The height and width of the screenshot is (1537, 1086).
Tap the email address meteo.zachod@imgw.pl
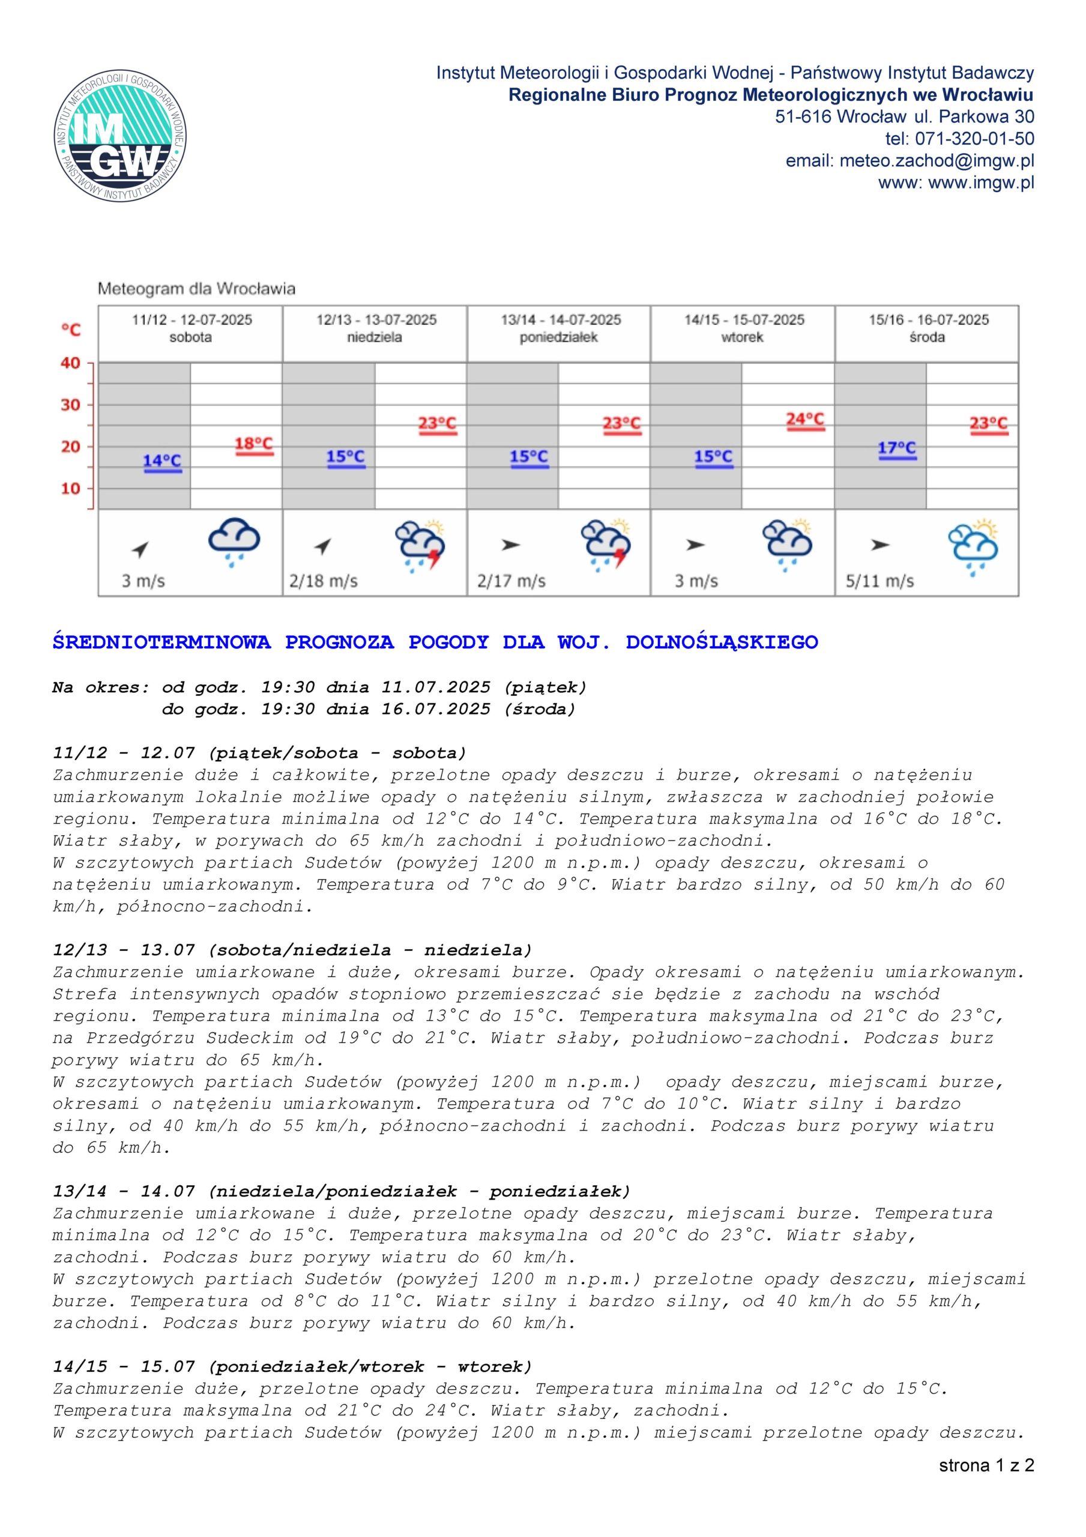coord(937,162)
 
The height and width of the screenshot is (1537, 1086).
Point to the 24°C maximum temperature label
coord(805,420)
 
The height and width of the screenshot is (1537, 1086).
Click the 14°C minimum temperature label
coord(162,461)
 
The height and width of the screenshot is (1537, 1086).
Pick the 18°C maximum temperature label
coord(255,444)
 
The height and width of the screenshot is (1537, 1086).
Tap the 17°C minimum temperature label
coord(896,448)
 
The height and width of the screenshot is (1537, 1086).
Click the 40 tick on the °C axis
coord(70,363)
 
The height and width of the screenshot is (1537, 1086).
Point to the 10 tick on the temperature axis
coord(70,489)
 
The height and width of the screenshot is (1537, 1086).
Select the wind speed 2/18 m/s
coord(324,581)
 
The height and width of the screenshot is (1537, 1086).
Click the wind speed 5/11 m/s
coord(879,581)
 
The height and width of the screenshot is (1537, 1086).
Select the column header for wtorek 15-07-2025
coord(743,328)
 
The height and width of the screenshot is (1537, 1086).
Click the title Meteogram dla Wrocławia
coord(196,289)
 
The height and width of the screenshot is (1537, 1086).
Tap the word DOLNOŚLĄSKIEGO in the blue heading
coord(722,642)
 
